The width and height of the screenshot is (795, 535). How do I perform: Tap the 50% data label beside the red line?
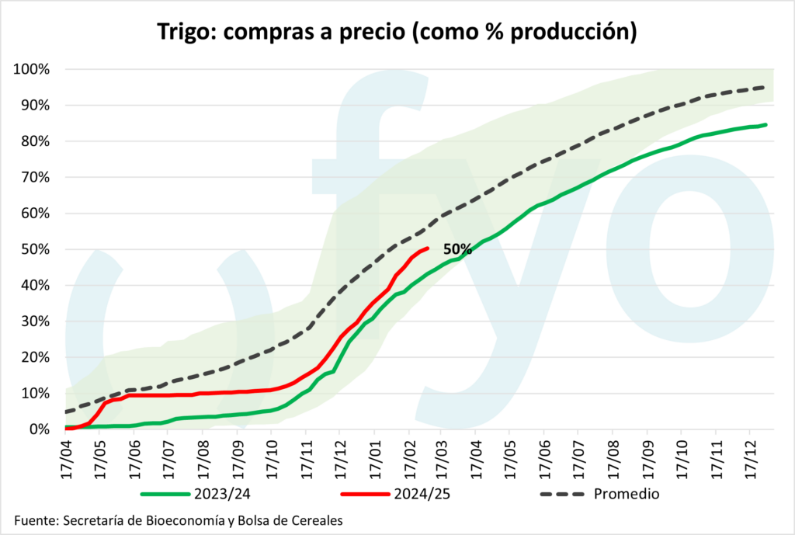pos(457,249)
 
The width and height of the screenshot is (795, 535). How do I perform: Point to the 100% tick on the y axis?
pos(32,69)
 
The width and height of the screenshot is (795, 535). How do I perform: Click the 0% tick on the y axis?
pos(38,429)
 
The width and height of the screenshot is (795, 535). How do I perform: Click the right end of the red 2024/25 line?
pos(429,248)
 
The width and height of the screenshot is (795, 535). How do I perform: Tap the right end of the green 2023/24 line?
pos(766,124)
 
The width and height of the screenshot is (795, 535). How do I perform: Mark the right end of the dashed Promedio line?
pos(765,88)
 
